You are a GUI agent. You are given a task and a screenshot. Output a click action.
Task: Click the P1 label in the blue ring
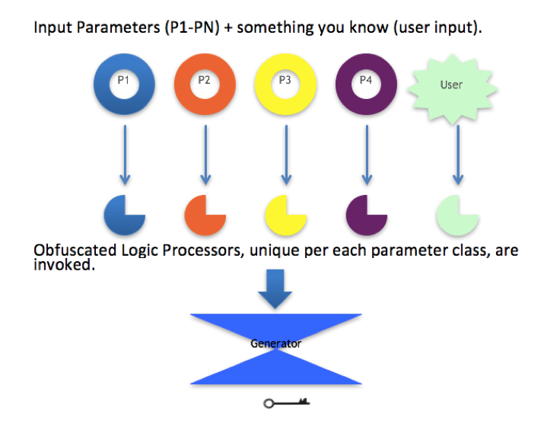(123, 80)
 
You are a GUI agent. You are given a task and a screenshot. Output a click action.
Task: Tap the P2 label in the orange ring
(204, 80)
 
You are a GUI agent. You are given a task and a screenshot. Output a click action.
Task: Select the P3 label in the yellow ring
(285, 80)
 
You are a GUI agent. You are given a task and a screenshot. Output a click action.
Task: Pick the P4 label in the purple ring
(366, 80)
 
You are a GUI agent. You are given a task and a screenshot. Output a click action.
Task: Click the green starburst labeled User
(452, 88)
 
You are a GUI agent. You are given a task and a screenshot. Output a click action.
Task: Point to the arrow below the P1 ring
(125, 155)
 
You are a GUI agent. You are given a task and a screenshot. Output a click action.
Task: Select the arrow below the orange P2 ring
(205, 155)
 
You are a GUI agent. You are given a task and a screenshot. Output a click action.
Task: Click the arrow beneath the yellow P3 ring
(286, 155)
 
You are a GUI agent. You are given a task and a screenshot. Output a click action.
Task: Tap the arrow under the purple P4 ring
(367, 155)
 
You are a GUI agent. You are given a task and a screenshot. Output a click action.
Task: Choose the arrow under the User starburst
(458, 155)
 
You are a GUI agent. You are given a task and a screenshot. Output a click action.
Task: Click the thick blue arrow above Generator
(275, 289)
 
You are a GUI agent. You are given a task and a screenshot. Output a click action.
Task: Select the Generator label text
(276, 343)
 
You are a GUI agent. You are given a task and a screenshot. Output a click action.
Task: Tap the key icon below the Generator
(286, 403)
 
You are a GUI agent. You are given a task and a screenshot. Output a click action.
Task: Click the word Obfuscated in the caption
(75, 250)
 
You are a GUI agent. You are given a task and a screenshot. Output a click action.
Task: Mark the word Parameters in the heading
(118, 27)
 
